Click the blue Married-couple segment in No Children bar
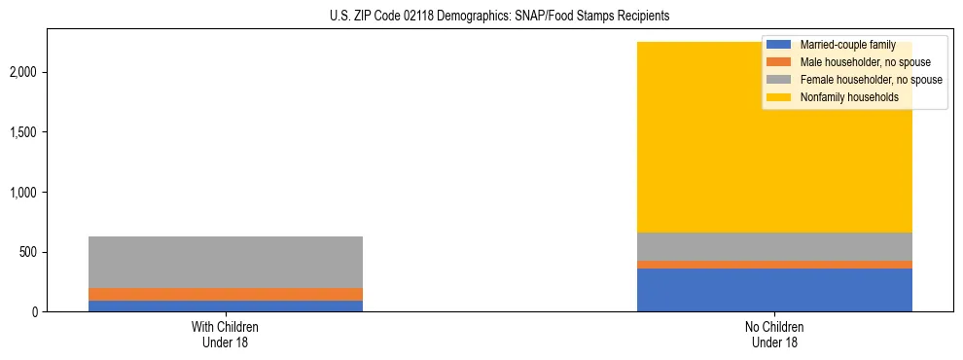click(x=774, y=290)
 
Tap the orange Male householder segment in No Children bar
click(x=774, y=265)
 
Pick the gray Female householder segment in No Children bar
click(x=774, y=246)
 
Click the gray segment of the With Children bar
click(x=226, y=262)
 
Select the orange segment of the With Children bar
click(x=226, y=294)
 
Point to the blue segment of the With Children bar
click(x=226, y=306)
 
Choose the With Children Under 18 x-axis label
click(x=226, y=335)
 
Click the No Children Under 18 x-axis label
click(x=774, y=335)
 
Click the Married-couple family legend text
click(x=847, y=45)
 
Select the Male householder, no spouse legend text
click(x=865, y=62)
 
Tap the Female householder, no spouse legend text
click(x=871, y=80)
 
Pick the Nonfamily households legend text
click(x=849, y=97)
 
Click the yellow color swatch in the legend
click(x=779, y=97)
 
